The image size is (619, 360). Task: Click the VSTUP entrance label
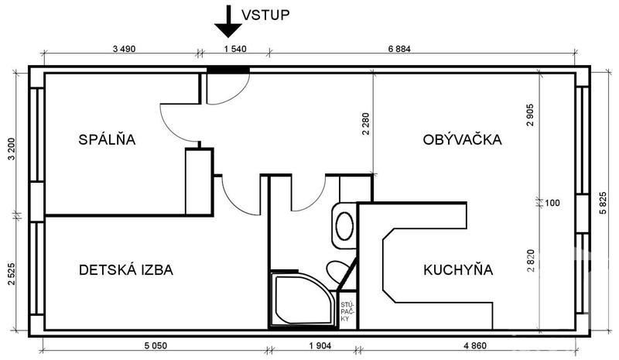[x=265, y=15]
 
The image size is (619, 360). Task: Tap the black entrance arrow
[x=228, y=22]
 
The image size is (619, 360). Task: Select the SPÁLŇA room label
[x=107, y=139]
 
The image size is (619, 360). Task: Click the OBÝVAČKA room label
[x=462, y=139]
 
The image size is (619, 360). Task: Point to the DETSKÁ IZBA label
[x=126, y=270]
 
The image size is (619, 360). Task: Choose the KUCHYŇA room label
[x=458, y=269]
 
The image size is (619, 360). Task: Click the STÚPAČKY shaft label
[x=345, y=312]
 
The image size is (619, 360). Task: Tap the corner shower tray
[x=303, y=300]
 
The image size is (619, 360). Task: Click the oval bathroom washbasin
[x=344, y=225]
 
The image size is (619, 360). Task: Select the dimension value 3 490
[x=124, y=49]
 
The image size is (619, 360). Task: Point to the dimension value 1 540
[x=235, y=49]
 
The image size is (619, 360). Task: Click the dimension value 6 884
[x=399, y=49]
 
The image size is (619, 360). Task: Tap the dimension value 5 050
[x=156, y=346]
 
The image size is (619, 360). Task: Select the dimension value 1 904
[x=320, y=346]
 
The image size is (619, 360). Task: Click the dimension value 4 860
[x=475, y=346]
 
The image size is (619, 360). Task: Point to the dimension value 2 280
[x=365, y=124]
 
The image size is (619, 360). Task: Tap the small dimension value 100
[x=552, y=203]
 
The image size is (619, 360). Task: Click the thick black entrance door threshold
[x=228, y=70]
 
